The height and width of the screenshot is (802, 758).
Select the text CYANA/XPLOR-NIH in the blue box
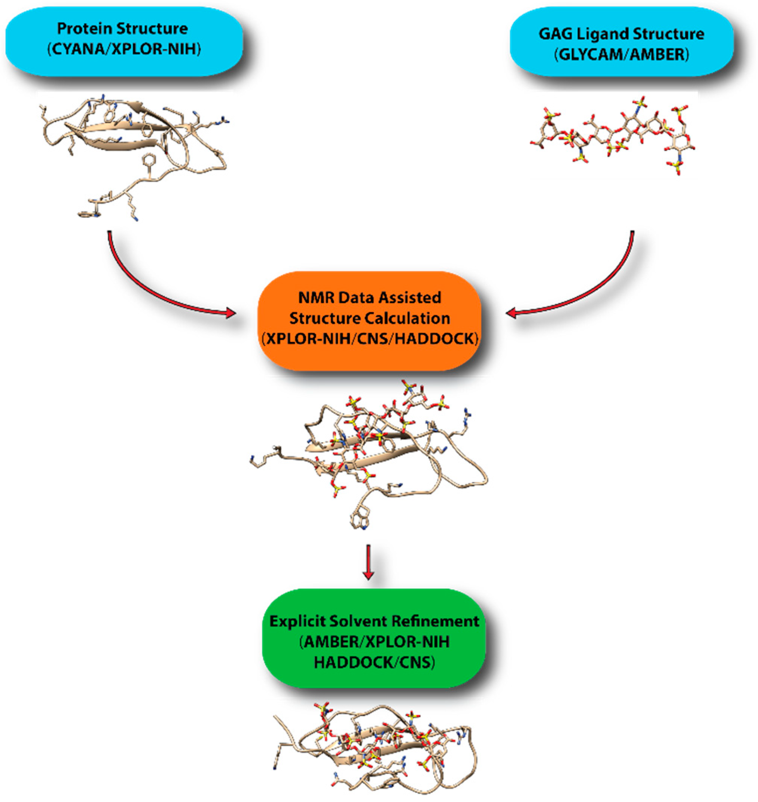click(x=124, y=50)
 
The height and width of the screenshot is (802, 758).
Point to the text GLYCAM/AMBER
click(x=621, y=55)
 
